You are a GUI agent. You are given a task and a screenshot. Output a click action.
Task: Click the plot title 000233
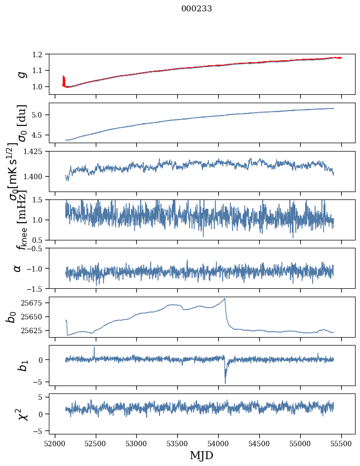197,8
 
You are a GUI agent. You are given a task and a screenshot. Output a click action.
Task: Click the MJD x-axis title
201,455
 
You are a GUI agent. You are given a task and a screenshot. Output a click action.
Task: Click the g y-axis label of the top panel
21,74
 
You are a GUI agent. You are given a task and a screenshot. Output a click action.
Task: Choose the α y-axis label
18,268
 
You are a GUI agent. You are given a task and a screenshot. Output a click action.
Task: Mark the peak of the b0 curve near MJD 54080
225,299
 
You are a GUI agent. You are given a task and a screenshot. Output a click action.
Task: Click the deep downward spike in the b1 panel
225,382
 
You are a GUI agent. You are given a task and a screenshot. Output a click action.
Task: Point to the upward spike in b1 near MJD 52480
94,348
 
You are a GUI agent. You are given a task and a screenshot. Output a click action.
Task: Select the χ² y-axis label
21,414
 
